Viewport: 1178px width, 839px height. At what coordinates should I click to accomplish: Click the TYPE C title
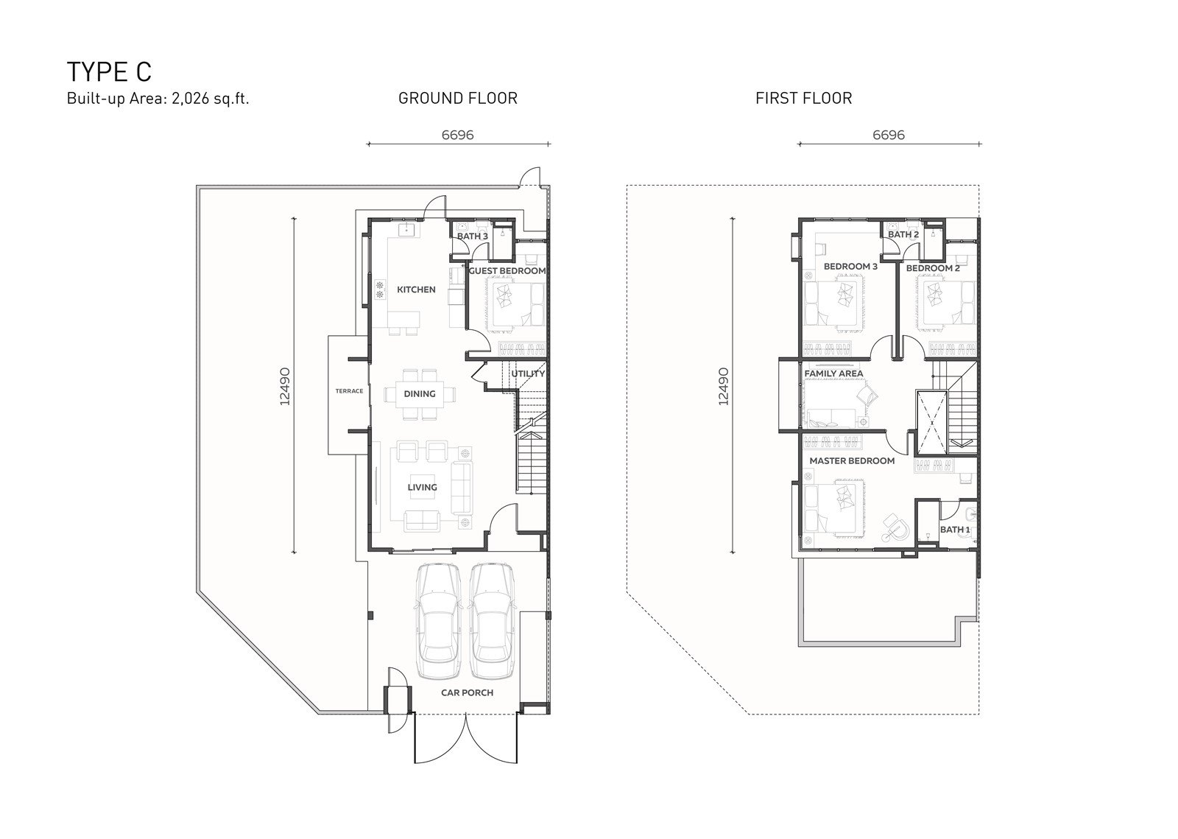pos(109,72)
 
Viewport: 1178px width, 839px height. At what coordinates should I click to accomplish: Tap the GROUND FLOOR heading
pos(457,99)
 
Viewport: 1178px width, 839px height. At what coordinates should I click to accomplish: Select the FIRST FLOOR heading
pos(803,99)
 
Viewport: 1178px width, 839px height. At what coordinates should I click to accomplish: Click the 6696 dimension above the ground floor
pos(457,136)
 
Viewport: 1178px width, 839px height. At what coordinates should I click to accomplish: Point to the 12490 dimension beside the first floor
pos(724,386)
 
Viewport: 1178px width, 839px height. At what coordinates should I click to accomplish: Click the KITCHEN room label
pos(416,289)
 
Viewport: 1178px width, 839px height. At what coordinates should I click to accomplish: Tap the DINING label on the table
pos(420,393)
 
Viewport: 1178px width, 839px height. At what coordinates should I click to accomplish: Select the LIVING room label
pos(423,487)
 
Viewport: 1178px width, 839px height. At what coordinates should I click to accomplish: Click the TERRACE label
pos(349,391)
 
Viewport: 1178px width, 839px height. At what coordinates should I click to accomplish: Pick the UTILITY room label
pos(528,373)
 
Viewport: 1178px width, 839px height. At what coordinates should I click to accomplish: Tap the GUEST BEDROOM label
pos(507,271)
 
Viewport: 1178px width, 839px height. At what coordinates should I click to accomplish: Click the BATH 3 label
pos(472,236)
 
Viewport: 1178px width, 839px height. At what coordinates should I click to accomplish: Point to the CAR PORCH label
pos(467,692)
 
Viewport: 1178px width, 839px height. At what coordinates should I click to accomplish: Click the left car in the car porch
pos(439,621)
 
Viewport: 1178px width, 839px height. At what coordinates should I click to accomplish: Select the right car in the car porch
pos(491,621)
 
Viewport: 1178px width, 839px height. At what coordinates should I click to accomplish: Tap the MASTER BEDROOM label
pos(852,461)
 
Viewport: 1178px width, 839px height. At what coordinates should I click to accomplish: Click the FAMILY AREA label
pos(833,373)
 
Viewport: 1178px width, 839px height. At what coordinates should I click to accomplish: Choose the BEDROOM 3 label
pos(850,267)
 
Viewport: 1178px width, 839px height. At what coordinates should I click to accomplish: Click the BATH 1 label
pos(955,530)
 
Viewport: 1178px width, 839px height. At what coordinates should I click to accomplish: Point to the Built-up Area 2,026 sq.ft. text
pos(158,99)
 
